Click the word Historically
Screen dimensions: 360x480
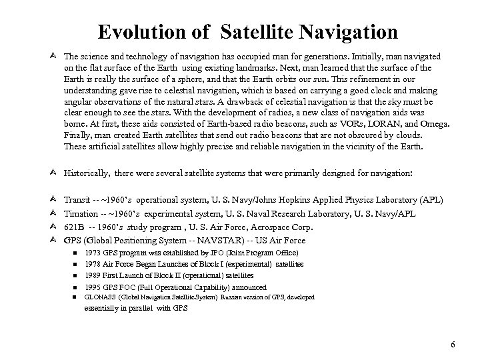[x=87, y=172]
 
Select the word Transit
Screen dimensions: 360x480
[x=77, y=200]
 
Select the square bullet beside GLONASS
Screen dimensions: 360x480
[x=77, y=297]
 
